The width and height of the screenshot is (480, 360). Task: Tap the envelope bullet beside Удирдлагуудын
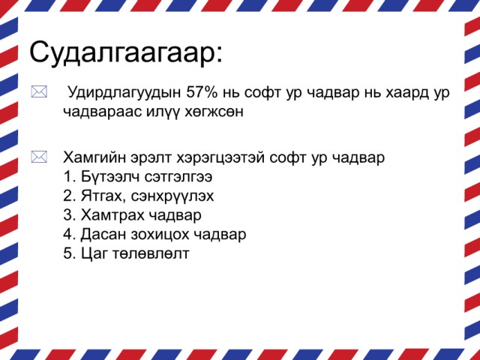point(39,91)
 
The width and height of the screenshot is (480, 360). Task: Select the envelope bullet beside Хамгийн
point(39,157)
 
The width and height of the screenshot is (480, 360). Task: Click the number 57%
point(202,92)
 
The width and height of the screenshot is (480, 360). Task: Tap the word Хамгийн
point(94,157)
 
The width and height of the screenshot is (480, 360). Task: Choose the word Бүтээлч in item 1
point(109,177)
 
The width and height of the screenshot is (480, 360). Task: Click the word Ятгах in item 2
point(103,196)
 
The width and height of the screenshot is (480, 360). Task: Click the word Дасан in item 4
point(103,235)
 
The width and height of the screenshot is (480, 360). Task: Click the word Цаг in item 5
point(94,254)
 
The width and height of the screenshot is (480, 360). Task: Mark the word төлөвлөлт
point(151,254)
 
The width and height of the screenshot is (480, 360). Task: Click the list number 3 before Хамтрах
point(67,215)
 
